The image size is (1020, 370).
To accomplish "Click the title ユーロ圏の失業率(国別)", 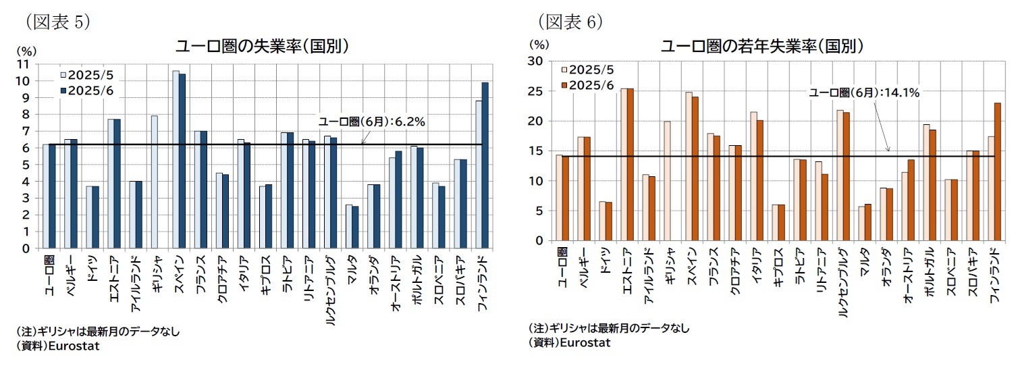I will [x=262, y=47].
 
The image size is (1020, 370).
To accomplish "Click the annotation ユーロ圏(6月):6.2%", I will [x=371, y=122].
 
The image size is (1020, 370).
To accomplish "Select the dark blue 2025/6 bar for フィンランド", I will [x=485, y=165].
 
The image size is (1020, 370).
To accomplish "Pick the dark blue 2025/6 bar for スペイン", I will [x=182, y=161].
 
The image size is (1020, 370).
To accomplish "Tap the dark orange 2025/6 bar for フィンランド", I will [x=998, y=171].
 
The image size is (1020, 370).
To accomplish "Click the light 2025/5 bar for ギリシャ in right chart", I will [x=667, y=180].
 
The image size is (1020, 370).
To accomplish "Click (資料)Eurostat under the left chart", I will [x=57, y=346].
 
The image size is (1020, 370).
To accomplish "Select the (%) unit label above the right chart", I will [x=539, y=45].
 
